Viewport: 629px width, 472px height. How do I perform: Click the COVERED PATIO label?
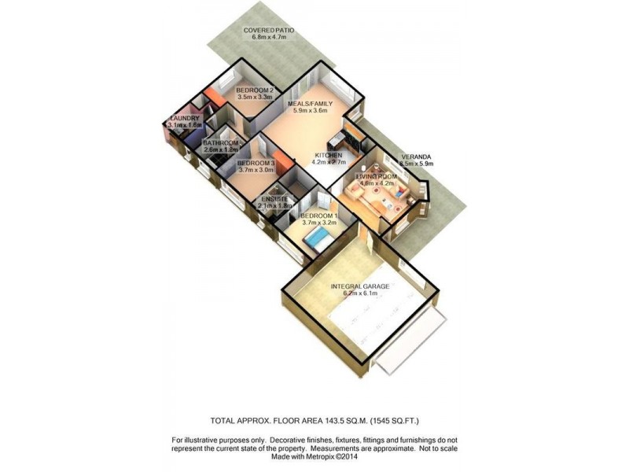tap(269, 29)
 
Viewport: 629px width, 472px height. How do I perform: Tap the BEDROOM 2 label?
tap(255, 90)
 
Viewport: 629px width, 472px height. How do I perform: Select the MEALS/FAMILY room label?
tap(308, 103)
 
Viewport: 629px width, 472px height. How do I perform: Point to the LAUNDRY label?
tap(185, 118)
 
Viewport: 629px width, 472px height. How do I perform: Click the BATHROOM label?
tap(221, 142)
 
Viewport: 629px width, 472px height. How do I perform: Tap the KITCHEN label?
tap(329, 156)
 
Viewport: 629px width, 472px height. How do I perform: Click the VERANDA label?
tap(416, 157)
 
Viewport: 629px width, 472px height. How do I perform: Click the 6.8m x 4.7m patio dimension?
tap(269, 37)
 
